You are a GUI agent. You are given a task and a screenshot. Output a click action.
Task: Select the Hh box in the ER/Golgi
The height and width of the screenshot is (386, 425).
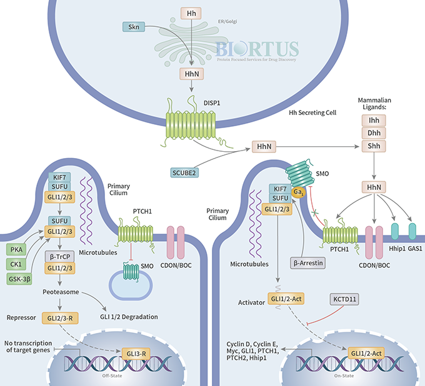pyautogui.click(x=191, y=12)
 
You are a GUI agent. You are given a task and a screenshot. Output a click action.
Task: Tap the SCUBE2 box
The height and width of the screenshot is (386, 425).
pyautogui.click(x=186, y=172)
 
